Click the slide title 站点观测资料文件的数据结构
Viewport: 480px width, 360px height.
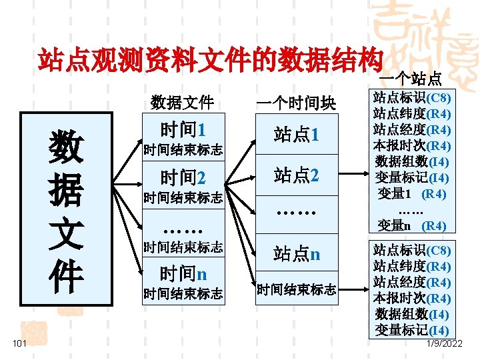pos(211,61)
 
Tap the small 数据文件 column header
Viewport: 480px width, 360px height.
pos(182,103)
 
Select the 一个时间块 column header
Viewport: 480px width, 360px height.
pos(297,103)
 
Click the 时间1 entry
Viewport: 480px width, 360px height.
pos(183,129)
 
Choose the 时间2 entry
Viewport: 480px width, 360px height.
pos(183,177)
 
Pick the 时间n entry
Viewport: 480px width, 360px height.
pos(183,273)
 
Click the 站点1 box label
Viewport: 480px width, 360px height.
pos(297,135)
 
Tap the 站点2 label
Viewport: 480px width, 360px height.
pos(297,176)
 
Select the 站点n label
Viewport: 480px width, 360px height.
pos(297,253)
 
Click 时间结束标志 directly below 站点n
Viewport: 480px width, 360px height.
pos(297,289)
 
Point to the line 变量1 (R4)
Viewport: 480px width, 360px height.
pos(412,194)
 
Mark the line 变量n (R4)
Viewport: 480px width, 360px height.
pos(412,225)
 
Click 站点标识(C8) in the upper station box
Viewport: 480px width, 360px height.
pos(412,97)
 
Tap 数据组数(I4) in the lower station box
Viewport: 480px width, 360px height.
pos(412,314)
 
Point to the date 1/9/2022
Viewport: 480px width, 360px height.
pos(443,343)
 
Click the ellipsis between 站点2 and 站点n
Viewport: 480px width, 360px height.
pos(297,213)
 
